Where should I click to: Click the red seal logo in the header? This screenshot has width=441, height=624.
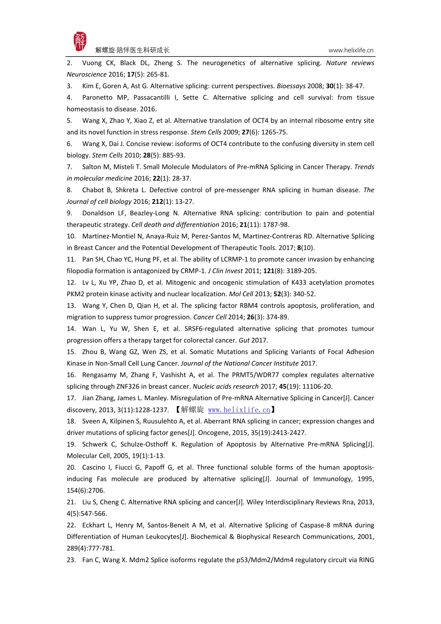(80, 42)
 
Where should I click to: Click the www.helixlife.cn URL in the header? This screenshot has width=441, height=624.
(350, 50)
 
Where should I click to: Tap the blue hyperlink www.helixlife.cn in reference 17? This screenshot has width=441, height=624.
(239, 409)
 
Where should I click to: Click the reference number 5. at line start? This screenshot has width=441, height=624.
(70, 121)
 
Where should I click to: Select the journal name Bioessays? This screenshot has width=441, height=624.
(291, 86)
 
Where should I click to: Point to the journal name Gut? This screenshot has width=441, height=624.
(244, 340)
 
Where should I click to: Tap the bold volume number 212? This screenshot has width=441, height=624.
(157, 201)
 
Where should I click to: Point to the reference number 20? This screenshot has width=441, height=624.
(71, 468)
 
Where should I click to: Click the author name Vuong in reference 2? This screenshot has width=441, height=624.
(92, 63)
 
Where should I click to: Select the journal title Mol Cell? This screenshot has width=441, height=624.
(241, 294)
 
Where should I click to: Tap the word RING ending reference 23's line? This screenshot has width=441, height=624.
(366, 560)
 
